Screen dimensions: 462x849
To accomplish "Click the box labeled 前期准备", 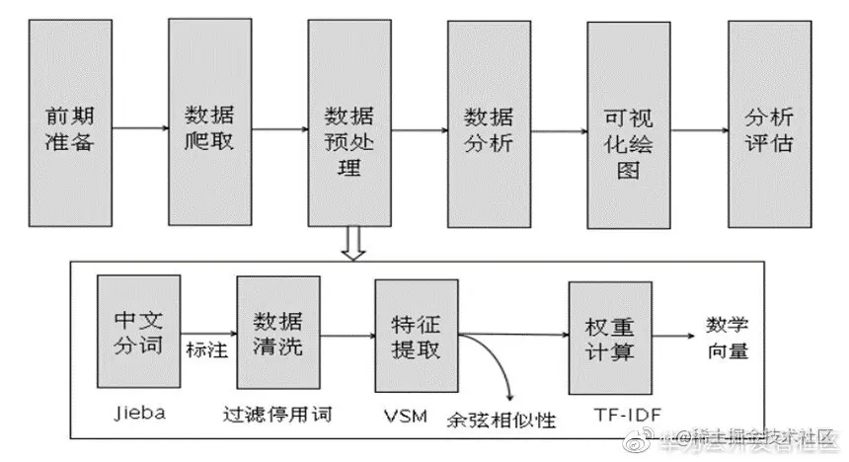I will [70, 126].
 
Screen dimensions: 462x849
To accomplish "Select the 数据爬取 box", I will [209, 126].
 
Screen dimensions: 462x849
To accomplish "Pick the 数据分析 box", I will [489, 126].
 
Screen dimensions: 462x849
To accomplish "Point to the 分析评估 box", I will [768, 126].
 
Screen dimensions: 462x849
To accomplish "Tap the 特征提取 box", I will [417, 337].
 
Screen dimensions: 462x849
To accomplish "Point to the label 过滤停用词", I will [278, 416].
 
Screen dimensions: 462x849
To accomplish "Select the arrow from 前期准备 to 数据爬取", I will [139, 127].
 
